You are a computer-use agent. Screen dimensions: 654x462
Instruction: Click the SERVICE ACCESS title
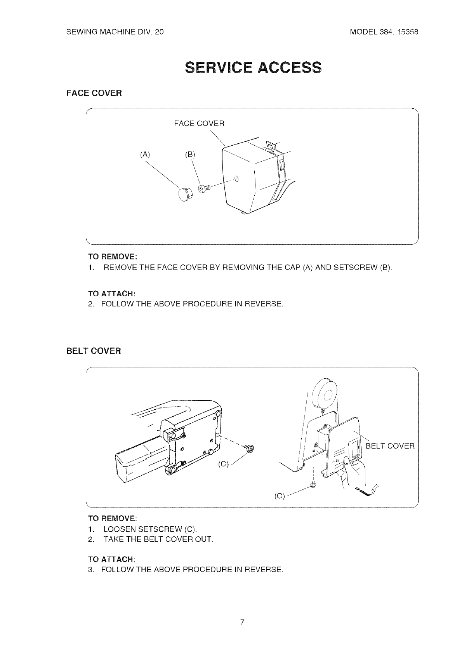tap(253, 67)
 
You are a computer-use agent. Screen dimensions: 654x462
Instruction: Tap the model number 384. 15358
tap(384, 32)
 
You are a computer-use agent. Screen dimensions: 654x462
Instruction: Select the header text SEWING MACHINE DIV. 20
tap(115, 32)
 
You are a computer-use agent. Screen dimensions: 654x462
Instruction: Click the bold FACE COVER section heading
tap(94, 93)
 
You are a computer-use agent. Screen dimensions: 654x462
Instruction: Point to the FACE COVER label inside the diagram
tap(199, 124)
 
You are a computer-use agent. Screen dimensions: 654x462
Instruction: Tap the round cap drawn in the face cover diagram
tap(185, 193)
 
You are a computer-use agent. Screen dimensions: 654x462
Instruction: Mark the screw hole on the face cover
tap(237, 179)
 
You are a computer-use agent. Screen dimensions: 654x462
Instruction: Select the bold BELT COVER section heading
tap(94, 351)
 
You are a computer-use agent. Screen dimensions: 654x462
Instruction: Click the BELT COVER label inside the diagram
tap(390, 446)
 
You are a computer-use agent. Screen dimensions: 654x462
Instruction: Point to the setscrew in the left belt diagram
tap(250, 449)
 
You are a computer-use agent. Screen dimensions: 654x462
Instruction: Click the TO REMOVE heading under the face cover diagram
tap(113, 257)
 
